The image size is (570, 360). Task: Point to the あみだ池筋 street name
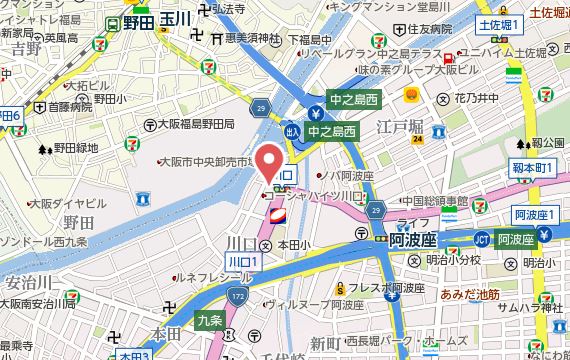click(469, 296)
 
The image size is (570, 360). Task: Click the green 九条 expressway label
click(208, 321)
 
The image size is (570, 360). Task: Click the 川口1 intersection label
click(243, 261)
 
